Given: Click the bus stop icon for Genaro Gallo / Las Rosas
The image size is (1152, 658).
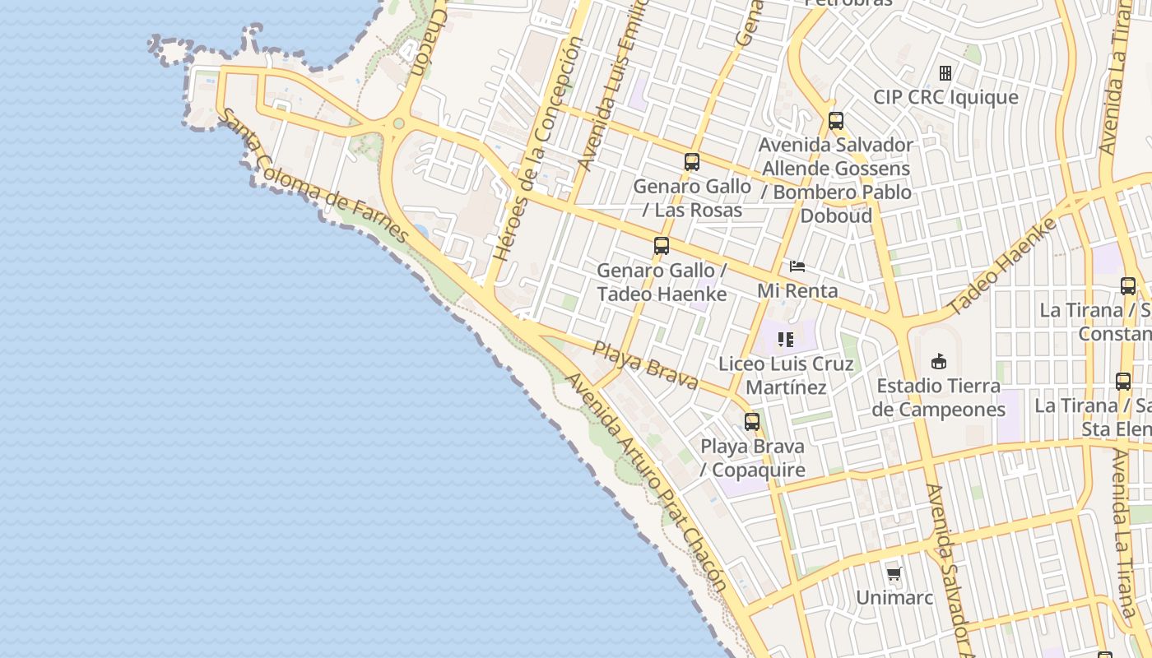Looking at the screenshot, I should coord(691,162).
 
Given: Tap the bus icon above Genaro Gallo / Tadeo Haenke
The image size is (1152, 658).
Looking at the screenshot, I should coord(662,245).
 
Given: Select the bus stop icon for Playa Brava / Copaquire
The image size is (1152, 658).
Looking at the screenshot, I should coord(752,422).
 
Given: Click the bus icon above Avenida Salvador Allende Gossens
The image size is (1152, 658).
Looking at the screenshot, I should coord(836,121).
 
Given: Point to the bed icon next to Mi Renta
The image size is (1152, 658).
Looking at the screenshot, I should coord(797,266).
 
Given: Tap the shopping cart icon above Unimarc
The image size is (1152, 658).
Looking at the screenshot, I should coord(894,573).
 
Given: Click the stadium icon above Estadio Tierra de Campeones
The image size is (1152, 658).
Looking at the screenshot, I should coord(938,361).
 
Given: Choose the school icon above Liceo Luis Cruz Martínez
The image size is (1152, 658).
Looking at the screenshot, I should coord(786,339).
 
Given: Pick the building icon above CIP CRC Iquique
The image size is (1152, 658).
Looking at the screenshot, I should coord(945,73).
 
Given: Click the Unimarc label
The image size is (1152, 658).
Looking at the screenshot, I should coord(894,597).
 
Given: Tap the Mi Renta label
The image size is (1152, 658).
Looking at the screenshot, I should coord(797,290).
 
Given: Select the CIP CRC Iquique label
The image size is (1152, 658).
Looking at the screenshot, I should coord(945,97).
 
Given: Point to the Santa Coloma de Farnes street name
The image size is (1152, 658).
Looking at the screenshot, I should coord(316,177).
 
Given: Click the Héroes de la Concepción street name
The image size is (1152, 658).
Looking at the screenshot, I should coord(538,149).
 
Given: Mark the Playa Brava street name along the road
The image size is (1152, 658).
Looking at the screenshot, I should coord(646,365).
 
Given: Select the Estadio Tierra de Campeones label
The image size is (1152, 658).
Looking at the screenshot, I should coord(938,397).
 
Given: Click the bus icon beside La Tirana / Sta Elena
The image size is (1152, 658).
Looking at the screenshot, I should coord(1123,382).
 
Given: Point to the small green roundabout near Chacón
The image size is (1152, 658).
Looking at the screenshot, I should coord(399,123).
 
